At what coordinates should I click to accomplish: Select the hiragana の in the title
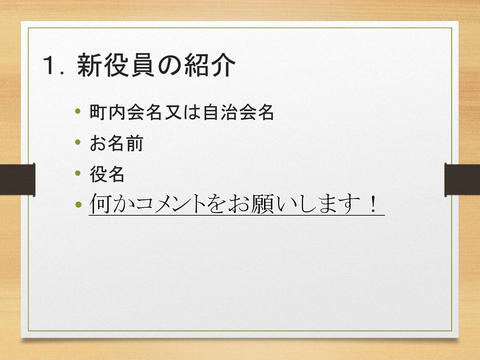coord(169,65)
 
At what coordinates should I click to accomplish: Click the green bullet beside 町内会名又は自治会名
coord(78,111)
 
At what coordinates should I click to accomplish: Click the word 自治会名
coord(238,112)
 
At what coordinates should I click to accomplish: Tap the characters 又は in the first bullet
coord(182,112)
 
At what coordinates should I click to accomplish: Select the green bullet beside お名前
coord(78,142)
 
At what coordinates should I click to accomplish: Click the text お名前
coord(116,143)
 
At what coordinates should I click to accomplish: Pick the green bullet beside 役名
coord(78,173)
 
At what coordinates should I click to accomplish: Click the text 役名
coord(107,174)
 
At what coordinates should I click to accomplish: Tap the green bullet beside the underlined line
coord(78,204)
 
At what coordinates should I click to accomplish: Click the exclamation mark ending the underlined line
coord(373,204)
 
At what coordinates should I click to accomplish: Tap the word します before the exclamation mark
coord(331,204)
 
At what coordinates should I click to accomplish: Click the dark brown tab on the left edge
coord(17,180)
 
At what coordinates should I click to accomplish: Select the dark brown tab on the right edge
coord(462,180)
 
